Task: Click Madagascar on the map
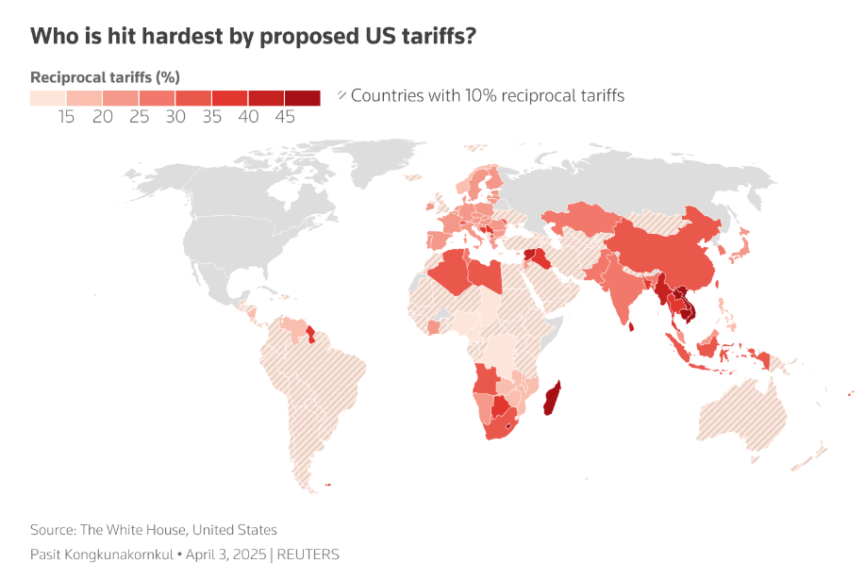(x=553, y=399)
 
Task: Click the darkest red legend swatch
(x=303, y=97)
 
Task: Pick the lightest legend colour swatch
(x=48, y=97)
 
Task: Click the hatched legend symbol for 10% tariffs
(x=342, y=95)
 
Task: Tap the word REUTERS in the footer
(x=308, y=554)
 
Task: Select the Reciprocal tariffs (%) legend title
(x=106, y=76)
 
